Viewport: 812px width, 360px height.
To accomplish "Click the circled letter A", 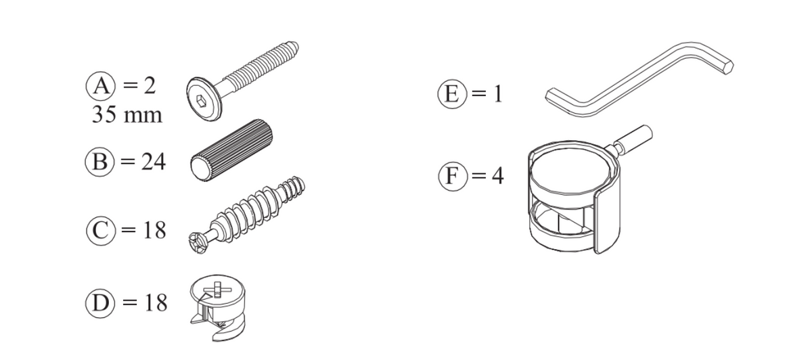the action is tap(100, 87).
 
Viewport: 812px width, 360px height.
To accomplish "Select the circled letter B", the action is tap(99, 162).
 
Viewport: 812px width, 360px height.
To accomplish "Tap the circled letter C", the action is tap(101, 230).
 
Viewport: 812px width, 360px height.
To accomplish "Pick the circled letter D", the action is tap(100, 302).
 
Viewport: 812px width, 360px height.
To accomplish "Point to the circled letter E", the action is tap(452, 93).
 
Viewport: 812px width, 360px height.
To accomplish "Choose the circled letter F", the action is tap(453, 176).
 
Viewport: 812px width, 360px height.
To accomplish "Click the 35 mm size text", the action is tap(127, 114).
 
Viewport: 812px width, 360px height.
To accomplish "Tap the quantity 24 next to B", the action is tap(154, 162).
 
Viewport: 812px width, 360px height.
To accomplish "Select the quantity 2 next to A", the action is tap(150, 86).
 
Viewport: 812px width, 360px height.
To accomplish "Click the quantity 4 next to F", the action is tap(497, 176).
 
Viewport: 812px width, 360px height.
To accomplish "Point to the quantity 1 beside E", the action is tap(498, 94).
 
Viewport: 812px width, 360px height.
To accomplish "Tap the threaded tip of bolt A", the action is tap(294, 47).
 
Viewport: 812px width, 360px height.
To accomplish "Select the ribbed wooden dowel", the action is tap(231, 150).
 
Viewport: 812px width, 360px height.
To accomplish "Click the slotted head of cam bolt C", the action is tap(198, 243).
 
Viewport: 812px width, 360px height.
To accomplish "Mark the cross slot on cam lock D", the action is tap(217, 290).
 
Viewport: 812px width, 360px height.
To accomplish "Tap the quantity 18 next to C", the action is tap(155, 230).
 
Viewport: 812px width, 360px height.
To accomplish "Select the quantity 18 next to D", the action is tap(156, 302).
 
